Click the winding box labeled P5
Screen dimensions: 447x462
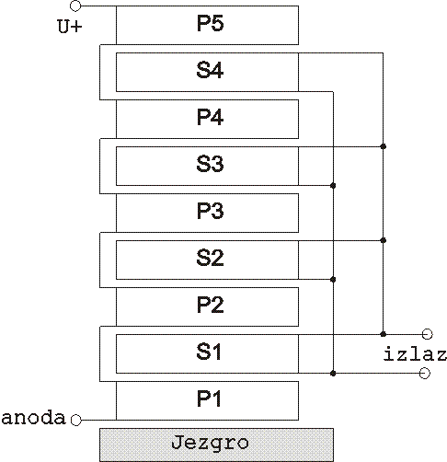207,25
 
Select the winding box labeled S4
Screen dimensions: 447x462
207,72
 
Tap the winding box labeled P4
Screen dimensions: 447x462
207,119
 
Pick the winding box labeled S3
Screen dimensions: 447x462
207,166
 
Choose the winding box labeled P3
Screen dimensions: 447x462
207,213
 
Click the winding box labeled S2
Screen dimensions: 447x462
207,260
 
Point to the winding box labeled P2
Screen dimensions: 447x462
207,306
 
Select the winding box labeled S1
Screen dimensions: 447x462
207,353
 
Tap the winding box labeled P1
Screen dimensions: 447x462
207,400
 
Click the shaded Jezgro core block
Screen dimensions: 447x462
216,445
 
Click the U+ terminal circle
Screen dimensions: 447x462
75,6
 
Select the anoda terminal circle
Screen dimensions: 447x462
76,420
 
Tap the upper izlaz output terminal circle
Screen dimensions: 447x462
427,334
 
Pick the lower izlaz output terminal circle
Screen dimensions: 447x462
424,374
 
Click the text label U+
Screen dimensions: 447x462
70,26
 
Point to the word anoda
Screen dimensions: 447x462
33,418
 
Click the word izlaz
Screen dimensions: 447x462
415,353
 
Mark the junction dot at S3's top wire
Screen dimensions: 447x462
383,146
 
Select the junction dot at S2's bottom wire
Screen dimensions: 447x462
333,280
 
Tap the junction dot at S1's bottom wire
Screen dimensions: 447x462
333,374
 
